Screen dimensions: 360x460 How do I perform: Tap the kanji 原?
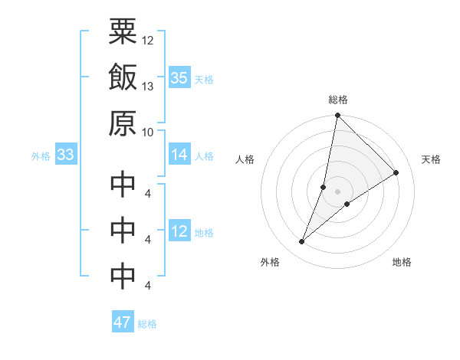click(x=123, y=123)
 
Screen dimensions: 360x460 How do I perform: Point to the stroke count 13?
click(x=148, y=86)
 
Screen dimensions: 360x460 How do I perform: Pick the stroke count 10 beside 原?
click(x=148, y=131)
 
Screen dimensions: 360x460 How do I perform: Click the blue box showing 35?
click(x=179, y=78)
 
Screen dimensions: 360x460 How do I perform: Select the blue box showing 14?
click(x=179, y=155)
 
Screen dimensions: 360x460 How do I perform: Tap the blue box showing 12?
click(x=179, y=232)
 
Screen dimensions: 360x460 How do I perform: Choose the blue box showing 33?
click(x=66, y=155)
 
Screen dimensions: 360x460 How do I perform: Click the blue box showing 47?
click(x=123, y=322)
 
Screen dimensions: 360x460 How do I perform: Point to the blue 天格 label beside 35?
click(x=204, y=80)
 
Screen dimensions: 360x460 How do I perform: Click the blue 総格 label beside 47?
click(x=147, y=324)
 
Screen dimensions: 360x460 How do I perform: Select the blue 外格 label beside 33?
click(x=41, y=156)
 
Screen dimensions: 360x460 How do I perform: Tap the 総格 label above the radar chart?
click(x=338, y=100)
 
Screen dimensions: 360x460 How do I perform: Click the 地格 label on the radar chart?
click(x=402, y=262)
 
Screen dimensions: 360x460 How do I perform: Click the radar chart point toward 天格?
click(x=396, y=172)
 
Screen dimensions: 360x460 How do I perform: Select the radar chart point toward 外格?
click(x=302, y=242)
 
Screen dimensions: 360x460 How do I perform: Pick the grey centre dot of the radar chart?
click(x=338, y=191)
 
